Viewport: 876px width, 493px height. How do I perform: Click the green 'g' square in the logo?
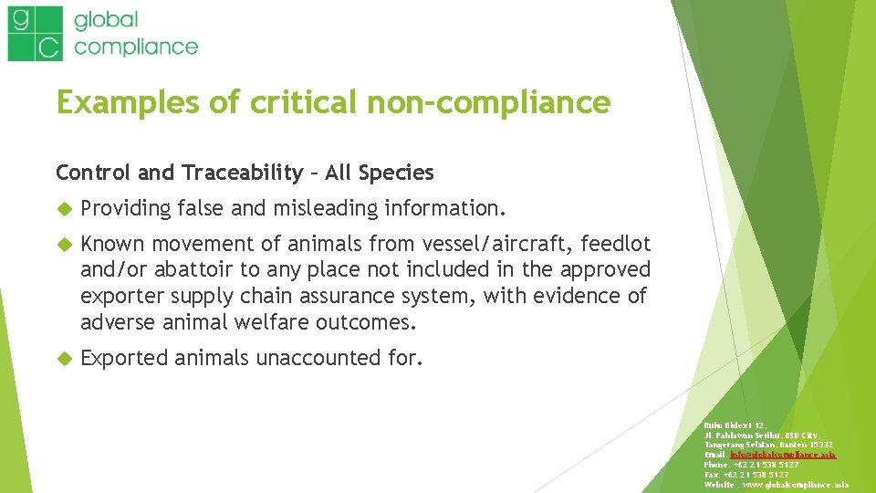coord(23,19)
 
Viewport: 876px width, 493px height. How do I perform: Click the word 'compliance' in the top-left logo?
coord(136,46)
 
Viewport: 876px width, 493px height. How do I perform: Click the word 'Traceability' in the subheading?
coord(242,172)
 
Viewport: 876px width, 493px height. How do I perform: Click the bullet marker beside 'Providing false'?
coord(63,209)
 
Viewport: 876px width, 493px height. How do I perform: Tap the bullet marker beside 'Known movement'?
coord(63,245)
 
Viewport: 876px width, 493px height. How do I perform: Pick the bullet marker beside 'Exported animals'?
coord(63,358)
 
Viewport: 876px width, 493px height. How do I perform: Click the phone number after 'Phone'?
coord(777,464)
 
